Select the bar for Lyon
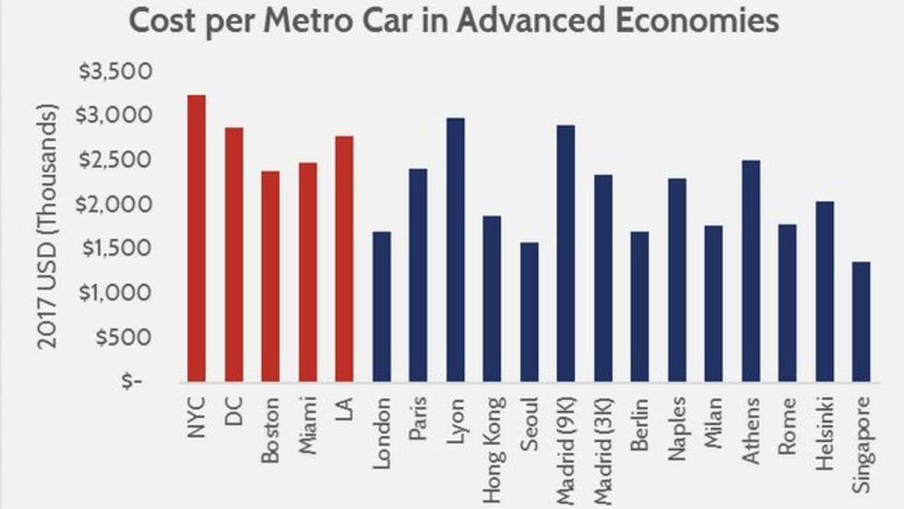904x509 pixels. coord(455,249)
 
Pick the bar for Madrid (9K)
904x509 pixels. coord(565,253)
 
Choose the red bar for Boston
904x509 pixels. coord(269,276)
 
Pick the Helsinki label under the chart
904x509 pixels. coord(824,429)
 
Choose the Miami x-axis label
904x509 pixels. coord(307,420)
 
